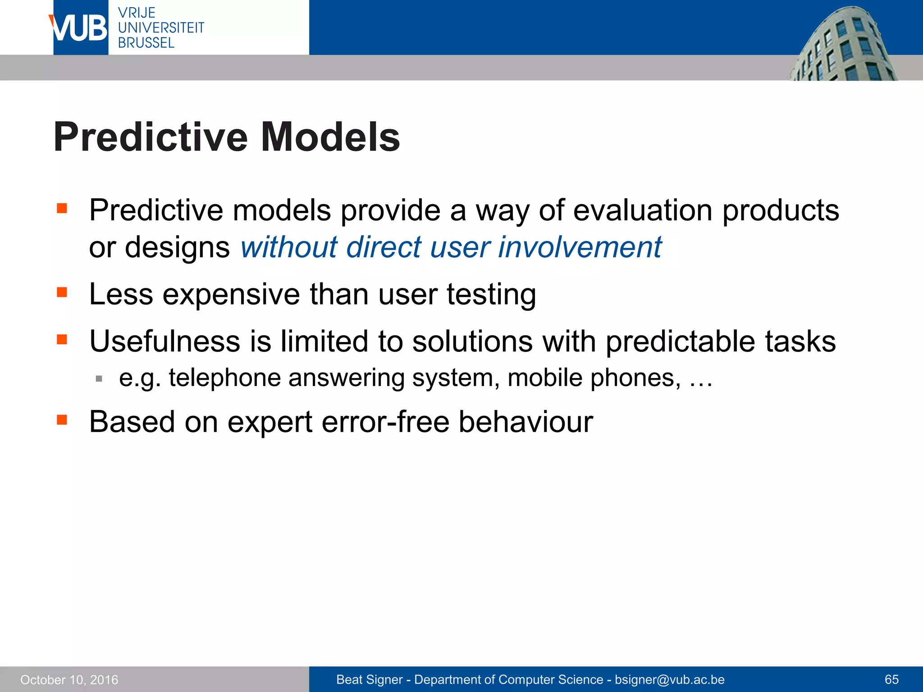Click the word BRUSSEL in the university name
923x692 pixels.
tap(146, 43)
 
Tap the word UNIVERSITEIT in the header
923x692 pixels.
tap(161, 27)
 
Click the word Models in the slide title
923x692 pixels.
tap(330, 137)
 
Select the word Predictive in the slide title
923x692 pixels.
tap(151, 137)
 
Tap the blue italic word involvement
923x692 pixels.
tap(580, 247)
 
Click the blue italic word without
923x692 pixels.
tap(288, 247)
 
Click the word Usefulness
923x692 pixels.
tap(164, 341)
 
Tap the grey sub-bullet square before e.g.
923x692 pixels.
tap(99, 379)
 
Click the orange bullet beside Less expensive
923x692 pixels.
tap(62, 293)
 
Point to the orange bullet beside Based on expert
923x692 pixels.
tap(62, 420)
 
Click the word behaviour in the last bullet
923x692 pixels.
tap(525, 422)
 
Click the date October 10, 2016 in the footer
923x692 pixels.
tap(69, 679)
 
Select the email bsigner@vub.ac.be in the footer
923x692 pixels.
tap(669, 679)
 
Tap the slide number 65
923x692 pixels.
tap(891, 679)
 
